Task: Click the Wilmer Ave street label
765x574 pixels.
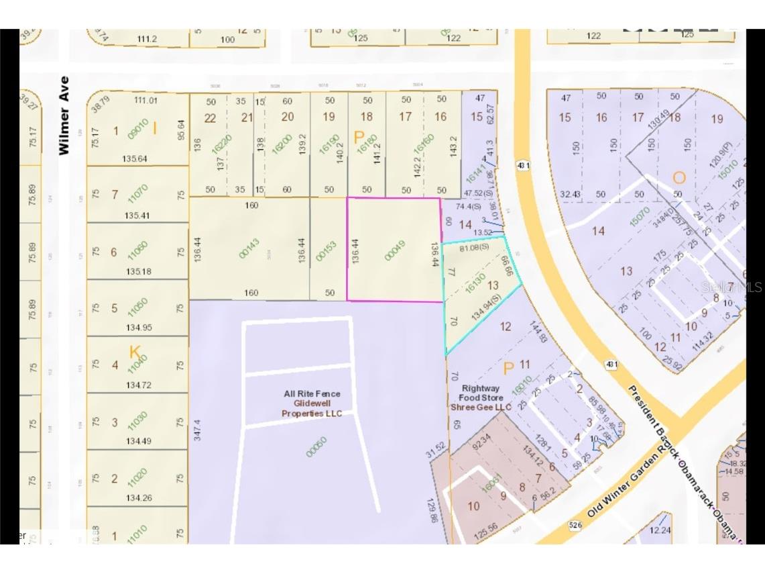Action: [64, 115]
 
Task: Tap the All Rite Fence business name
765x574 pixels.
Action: [312, 394]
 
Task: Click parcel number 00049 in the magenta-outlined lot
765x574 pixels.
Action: [396, 250]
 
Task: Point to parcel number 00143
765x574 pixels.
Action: [249, 250]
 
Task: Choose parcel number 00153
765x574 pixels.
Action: [327, 250]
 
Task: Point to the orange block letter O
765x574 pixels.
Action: [679, 178]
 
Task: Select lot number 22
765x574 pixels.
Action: [211, 117]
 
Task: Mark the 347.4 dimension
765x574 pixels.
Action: [197, 425]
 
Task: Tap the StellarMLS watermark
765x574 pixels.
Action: [731, 287]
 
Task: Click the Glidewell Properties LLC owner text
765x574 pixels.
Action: [312, 408]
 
